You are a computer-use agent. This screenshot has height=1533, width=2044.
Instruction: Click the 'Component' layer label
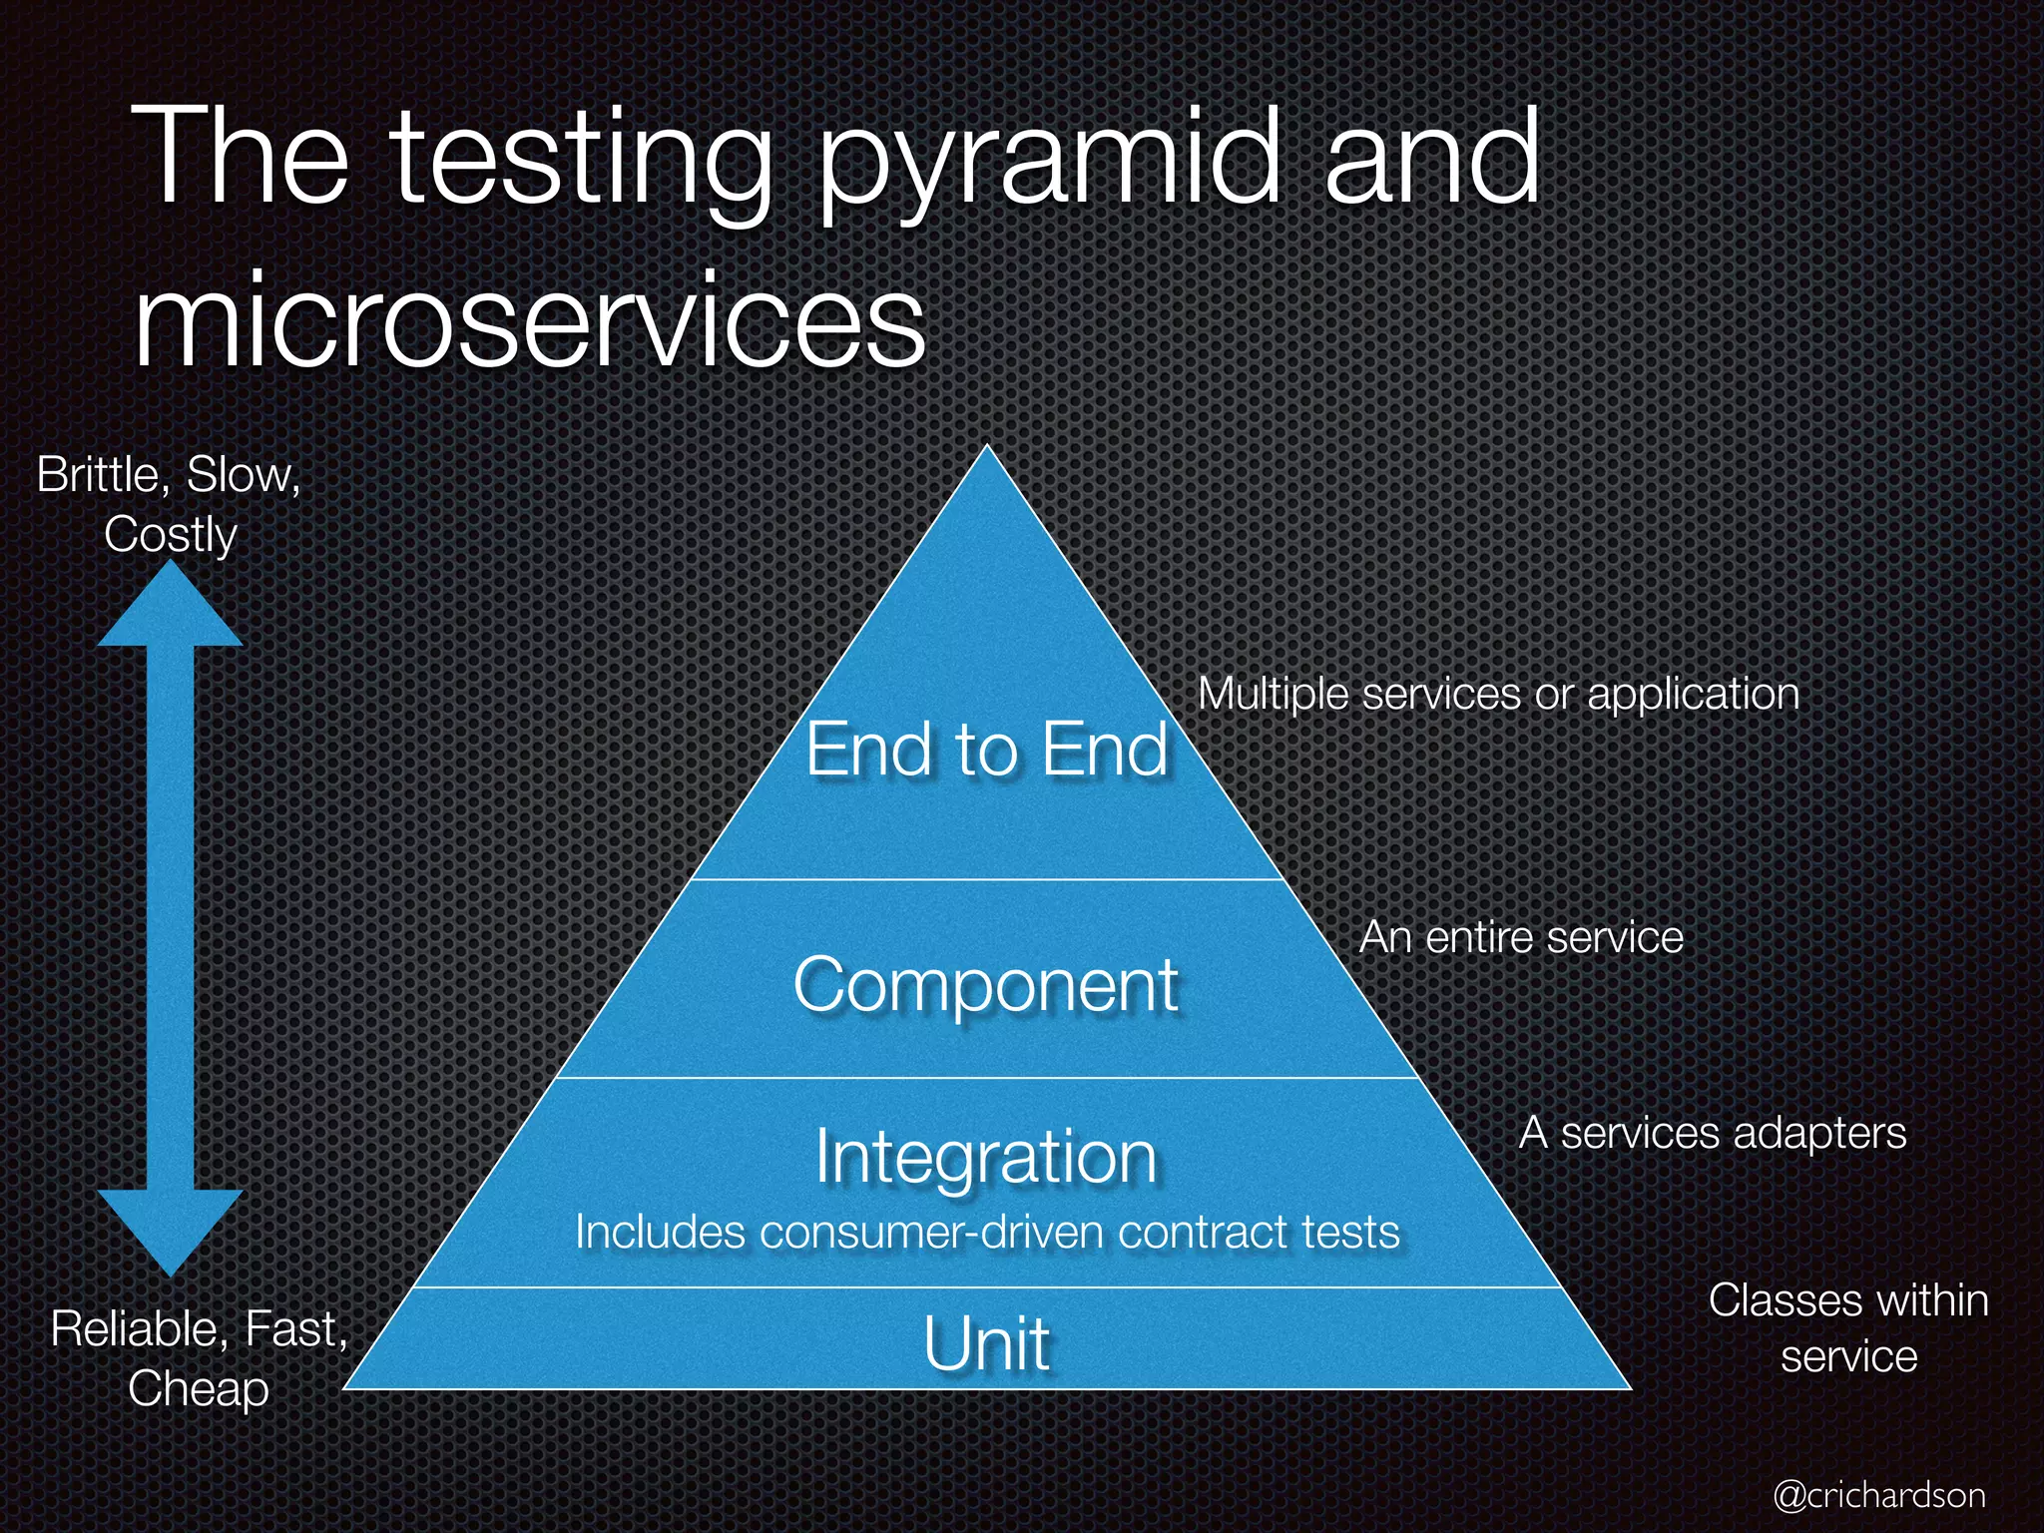(986, 985)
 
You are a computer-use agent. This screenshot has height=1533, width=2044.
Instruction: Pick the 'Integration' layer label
(986, 1157)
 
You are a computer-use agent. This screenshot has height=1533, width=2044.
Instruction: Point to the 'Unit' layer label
(986, 1343)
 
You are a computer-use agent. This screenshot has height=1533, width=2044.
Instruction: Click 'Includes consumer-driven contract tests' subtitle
(987, 1232)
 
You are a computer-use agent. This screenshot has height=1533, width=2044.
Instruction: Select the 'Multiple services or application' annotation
(1498, 694)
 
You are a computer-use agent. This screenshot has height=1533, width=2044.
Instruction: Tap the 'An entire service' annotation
(1521, 937)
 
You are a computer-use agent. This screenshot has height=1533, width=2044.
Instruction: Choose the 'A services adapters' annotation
(1713, 1133)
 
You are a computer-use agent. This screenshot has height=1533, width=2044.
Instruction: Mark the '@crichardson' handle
(1879, 1495)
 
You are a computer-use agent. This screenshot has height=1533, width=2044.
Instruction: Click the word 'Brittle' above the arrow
(98, 474)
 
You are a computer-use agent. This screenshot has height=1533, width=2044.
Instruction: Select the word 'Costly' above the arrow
(171, 534)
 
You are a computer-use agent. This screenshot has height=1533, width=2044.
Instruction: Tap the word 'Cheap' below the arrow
(199, 1388)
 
